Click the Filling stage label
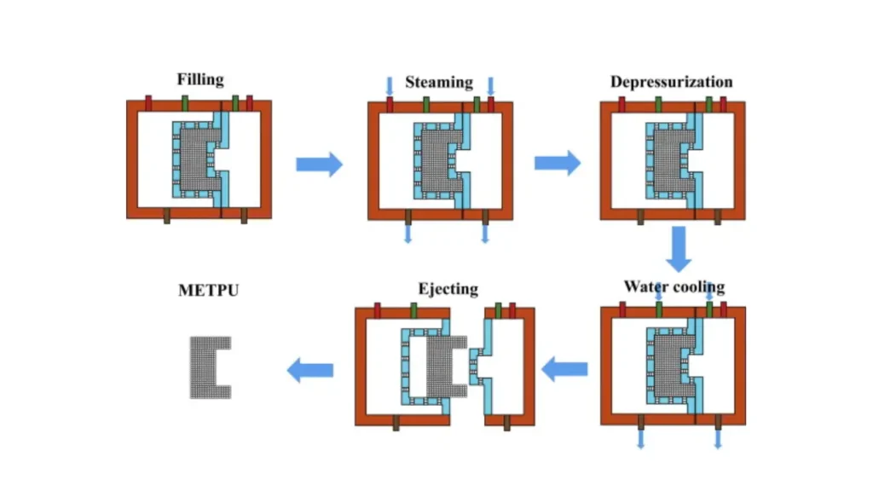point(200,79)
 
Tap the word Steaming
point(438,82)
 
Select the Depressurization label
point(671,82)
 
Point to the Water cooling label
point(674,286)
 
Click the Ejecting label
point(448,289)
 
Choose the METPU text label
point(208,290)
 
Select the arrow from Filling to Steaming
point(319,164)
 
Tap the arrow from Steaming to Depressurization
point(557,164)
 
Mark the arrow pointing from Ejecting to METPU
point(309,369)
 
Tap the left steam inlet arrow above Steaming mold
point(390,85)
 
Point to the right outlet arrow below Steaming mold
point(485,233)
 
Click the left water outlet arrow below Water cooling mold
point(640,437)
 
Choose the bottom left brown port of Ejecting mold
point(396,423)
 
